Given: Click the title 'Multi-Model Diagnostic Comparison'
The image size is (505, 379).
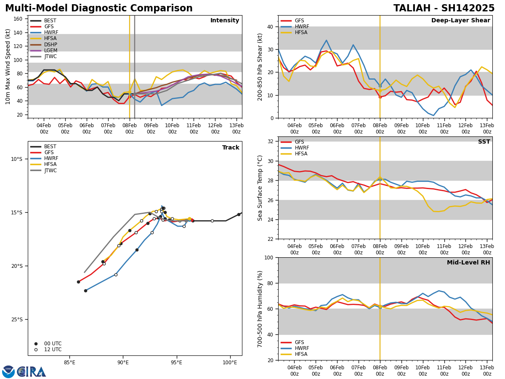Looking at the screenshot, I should point(99,8).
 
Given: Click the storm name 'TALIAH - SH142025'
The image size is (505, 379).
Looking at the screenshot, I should point(444,8).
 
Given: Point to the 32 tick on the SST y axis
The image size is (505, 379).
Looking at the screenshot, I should point(271,141).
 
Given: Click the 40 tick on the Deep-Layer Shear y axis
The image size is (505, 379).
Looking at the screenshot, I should point(271,27).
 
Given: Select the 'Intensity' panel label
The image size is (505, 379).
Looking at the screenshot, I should point(225,21).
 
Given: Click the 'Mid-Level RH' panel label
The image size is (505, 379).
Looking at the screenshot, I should point(468,263).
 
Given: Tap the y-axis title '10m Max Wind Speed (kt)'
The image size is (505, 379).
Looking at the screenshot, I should point(8,67).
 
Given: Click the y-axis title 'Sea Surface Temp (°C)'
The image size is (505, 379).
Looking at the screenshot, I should point(260,188).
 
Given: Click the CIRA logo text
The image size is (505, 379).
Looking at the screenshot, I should point(32,371).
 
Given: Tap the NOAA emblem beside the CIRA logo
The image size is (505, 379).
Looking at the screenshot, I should point(8,371).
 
